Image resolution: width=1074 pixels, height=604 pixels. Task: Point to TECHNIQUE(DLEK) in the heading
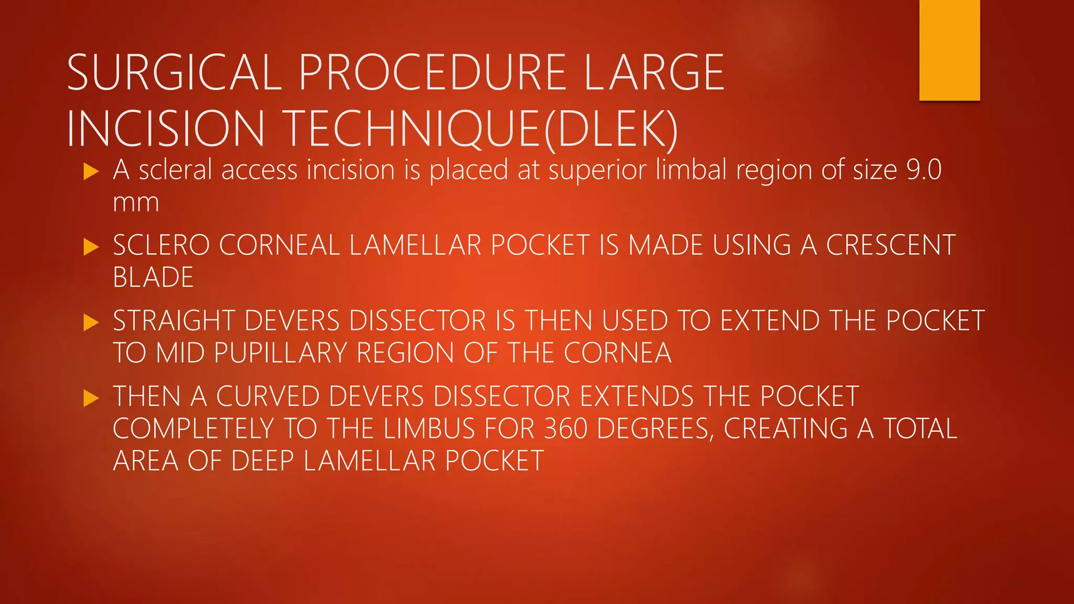[x=482, y=128]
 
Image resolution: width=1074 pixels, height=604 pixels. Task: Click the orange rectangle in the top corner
[x=949, y=50]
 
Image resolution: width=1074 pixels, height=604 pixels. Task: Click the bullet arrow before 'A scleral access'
[x=91, y=171]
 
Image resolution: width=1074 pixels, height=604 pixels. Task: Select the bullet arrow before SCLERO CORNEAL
[x=91, y=246]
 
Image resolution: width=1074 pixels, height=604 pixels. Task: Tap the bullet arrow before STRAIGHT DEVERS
[x=91, y=322]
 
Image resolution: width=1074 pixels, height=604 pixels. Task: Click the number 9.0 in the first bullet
[x=923, y=170]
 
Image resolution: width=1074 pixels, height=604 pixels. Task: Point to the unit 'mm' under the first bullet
[x=136, y=202]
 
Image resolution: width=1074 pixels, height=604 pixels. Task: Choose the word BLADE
[x=153, y=277]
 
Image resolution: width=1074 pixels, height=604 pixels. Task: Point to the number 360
[x=566, y=429]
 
